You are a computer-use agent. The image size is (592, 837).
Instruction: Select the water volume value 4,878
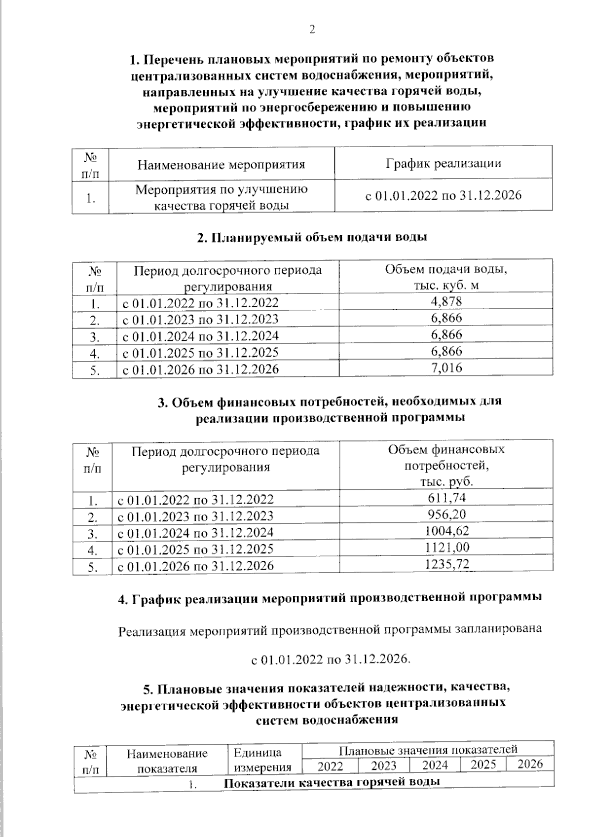446,301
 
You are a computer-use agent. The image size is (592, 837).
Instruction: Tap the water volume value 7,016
446,367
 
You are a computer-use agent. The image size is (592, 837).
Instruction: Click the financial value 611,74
446,498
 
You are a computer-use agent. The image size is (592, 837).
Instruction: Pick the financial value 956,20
446,514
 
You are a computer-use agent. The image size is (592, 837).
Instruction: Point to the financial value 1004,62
446,531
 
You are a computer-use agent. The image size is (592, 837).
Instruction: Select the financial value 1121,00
446,547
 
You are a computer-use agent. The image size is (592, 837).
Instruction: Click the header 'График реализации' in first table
443,163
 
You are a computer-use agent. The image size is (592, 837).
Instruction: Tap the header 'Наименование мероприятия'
221,164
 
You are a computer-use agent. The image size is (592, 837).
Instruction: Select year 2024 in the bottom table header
435,765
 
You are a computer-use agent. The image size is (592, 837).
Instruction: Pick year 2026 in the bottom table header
530,764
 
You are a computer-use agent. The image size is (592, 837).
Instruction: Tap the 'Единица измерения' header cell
262,760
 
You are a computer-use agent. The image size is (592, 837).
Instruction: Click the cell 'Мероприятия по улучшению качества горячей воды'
221,197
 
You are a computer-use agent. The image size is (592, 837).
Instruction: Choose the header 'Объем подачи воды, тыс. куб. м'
446,278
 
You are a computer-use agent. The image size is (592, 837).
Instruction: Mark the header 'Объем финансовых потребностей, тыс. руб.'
446,466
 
